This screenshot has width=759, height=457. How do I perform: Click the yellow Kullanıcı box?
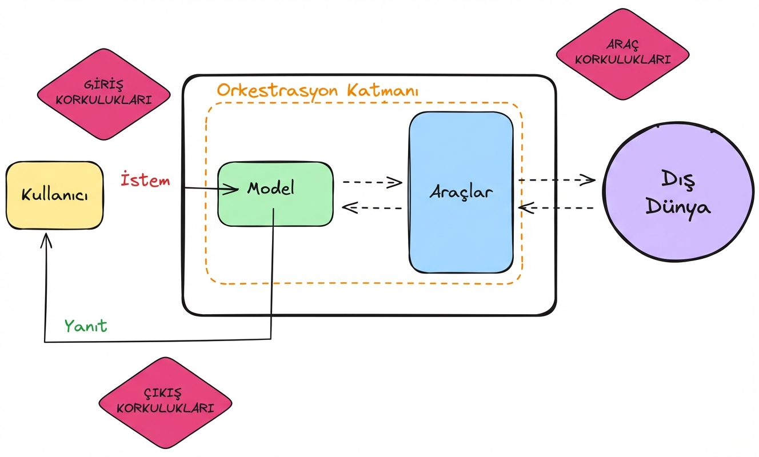click(x=54, y=195)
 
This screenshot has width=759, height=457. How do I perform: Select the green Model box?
click(x=275, y=194)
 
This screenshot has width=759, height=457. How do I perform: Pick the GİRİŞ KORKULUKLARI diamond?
click(x=104, y=95)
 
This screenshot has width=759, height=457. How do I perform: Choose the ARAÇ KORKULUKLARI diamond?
click(x=623, y=54)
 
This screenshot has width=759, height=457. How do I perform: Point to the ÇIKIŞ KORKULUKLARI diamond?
click(x=165, y=403)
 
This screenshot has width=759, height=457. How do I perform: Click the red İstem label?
click(x=145, y=181)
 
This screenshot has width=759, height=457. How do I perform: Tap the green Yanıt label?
click(x=86, y=326)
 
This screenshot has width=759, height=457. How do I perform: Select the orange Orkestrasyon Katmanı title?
click(x=318, y=91)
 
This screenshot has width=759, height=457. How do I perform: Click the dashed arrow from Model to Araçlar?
click(x=372, y=182)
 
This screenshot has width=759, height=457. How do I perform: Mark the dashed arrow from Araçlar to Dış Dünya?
click(x=557, y=181)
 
